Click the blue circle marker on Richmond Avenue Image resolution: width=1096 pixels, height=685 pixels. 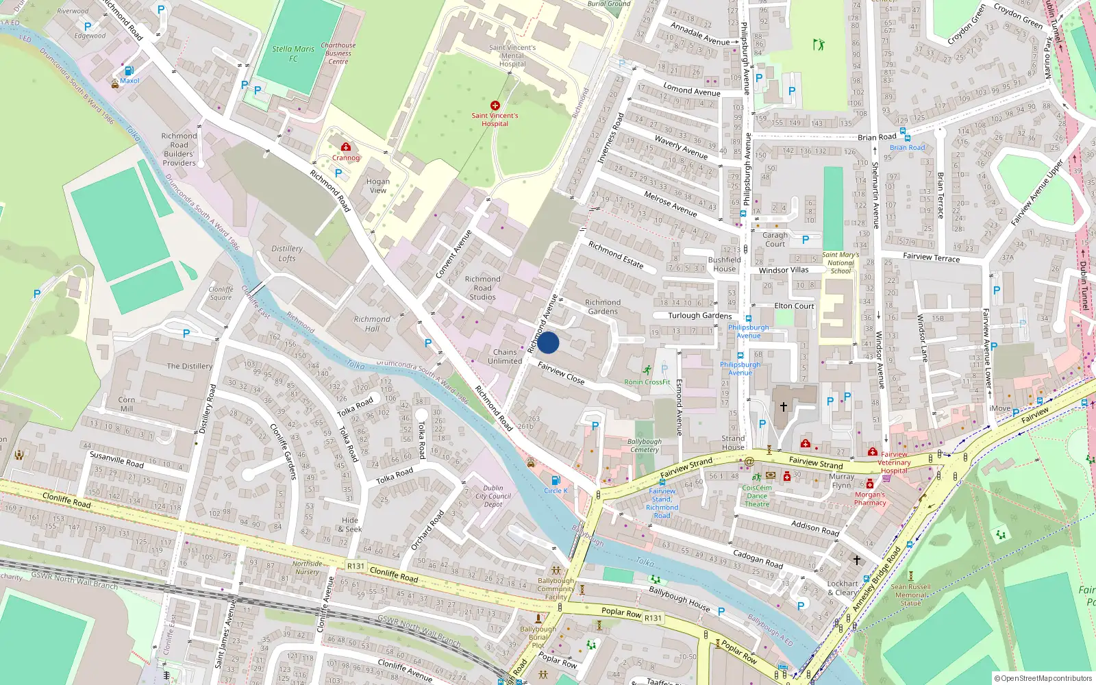[548, 342]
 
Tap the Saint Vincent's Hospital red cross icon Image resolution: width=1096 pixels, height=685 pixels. [495, 105]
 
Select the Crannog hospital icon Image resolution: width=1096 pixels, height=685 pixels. [346, 147]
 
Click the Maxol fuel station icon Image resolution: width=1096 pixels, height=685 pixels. [129, 71]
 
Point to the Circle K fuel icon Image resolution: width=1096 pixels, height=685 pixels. [556, 481]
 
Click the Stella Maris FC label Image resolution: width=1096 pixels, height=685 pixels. [293, 53]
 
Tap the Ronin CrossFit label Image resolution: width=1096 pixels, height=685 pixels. [647, 382]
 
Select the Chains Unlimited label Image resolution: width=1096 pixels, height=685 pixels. [505, 356]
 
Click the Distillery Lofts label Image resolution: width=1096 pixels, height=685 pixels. [287, 253]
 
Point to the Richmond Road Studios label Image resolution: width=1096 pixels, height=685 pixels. [482, 288]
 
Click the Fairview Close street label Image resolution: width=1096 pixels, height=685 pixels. [561, 373]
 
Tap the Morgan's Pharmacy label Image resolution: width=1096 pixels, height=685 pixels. [870, 499]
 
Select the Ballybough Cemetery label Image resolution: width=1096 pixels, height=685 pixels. [645, 445]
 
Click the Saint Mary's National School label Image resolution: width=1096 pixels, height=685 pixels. [840, 262]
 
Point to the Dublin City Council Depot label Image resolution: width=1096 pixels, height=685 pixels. [493, 496]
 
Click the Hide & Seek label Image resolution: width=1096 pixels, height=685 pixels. [350, 525]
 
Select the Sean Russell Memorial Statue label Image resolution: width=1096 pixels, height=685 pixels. [911, 595]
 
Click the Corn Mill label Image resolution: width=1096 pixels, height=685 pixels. [127, 404]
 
